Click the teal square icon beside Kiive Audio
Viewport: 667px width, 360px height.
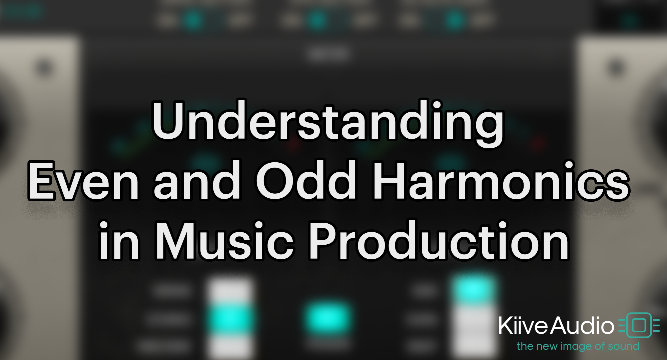tap(639, 325)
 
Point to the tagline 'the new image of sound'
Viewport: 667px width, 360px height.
tap(578, 346)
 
